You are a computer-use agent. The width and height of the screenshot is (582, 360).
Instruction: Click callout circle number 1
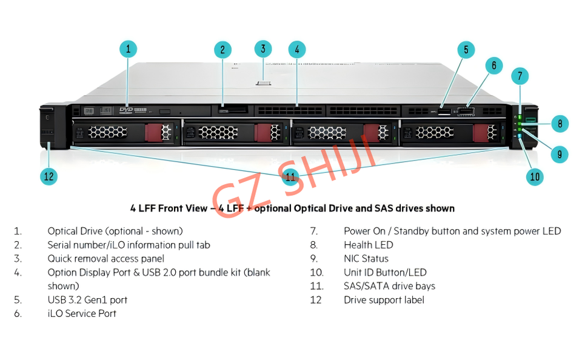pos(127,49)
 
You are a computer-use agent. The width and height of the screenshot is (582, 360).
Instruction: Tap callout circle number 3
pos(263,49)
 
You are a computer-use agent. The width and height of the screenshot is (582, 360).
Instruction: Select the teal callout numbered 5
pos(466,50)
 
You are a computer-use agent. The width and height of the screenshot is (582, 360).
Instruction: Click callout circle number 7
pos(520,76)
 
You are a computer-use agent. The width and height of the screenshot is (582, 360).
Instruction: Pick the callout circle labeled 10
pos(534,176)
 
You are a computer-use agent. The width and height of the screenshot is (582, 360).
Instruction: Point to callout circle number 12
pos(48,176)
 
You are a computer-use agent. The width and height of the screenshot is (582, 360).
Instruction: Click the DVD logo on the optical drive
pos(126,110)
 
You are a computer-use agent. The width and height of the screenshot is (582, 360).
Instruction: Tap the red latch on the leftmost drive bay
pos(154,132)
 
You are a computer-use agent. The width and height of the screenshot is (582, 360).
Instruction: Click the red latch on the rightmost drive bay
pos(481,132)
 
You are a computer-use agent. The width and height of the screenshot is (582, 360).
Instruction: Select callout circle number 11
pos(290,176)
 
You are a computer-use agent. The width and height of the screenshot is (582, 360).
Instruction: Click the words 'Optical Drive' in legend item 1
pos(71,231)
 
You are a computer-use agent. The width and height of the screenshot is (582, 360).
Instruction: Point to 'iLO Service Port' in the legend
pos(82,313)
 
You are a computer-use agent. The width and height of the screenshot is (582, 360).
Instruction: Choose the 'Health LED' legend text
pos(368,245)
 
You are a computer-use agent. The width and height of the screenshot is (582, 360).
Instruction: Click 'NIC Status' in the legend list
pos(366,259)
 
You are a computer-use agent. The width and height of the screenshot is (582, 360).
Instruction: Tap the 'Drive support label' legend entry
pos(384,300)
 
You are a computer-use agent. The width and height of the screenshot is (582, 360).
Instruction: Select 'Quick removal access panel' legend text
pos(105,259)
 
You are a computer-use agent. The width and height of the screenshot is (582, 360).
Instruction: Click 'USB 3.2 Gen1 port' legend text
pos(87,300)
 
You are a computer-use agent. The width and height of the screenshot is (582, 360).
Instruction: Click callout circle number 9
pos(559,154)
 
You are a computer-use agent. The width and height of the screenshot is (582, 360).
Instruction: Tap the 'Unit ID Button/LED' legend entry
pos(385,273)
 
